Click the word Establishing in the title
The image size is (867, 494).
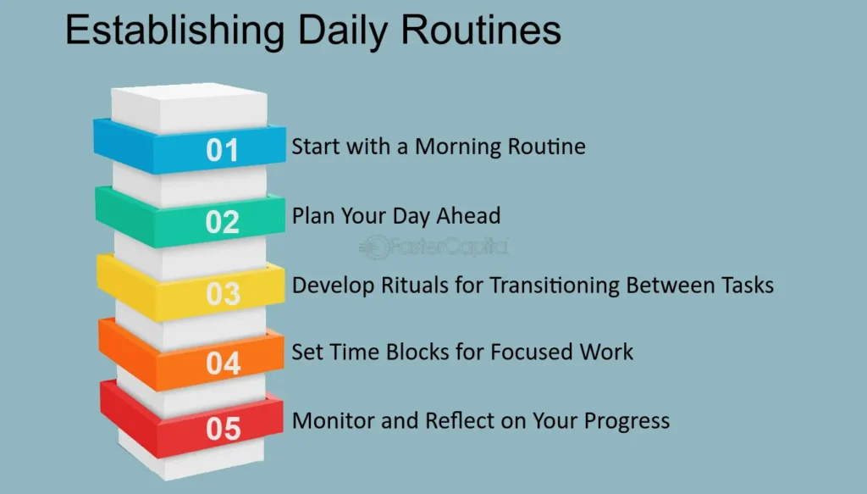pos(175,31)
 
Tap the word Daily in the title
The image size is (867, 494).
pos(342,31)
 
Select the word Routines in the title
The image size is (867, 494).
pos(481,30)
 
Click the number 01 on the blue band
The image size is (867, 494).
pos(223,150)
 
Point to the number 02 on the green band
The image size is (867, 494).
pos(223,222)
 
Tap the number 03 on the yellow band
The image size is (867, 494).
pos(224,294)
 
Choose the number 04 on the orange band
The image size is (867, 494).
pos(224,364)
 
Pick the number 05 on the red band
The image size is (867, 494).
pos(224,429)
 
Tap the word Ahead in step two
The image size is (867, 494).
pos(468,216)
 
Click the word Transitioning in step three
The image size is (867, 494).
pos(555,286)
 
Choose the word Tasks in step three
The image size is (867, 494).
pos(747,286)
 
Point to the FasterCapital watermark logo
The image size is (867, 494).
pos(433,247)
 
